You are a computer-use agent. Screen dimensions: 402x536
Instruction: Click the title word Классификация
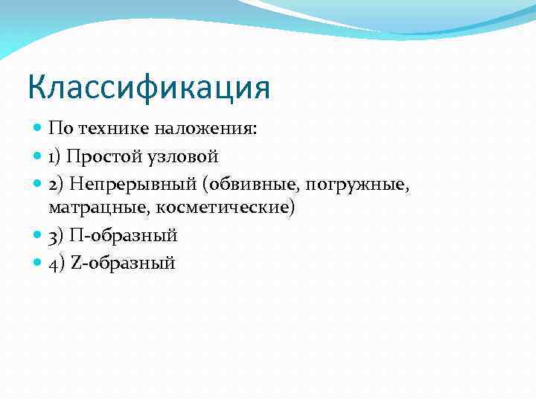pyautogui.click(x=148, y=86)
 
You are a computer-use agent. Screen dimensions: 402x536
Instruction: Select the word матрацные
pyautogui.click(x=86, y=206)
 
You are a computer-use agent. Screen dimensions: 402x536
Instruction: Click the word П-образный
pyautogui.click(x=124, y=235)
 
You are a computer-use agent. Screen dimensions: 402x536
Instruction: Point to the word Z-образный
pyautogui.click(x=124, y=262)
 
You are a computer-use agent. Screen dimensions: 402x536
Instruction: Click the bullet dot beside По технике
pyautogui.click(x=39, y=129)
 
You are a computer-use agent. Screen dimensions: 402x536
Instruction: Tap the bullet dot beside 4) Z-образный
pyautogui.click(x=39, y=262)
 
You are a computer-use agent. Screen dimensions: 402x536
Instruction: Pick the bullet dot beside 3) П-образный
pyautogui.click(x=39, y=235)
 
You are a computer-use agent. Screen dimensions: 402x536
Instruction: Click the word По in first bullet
pyautogui.click(x=59, y=129)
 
